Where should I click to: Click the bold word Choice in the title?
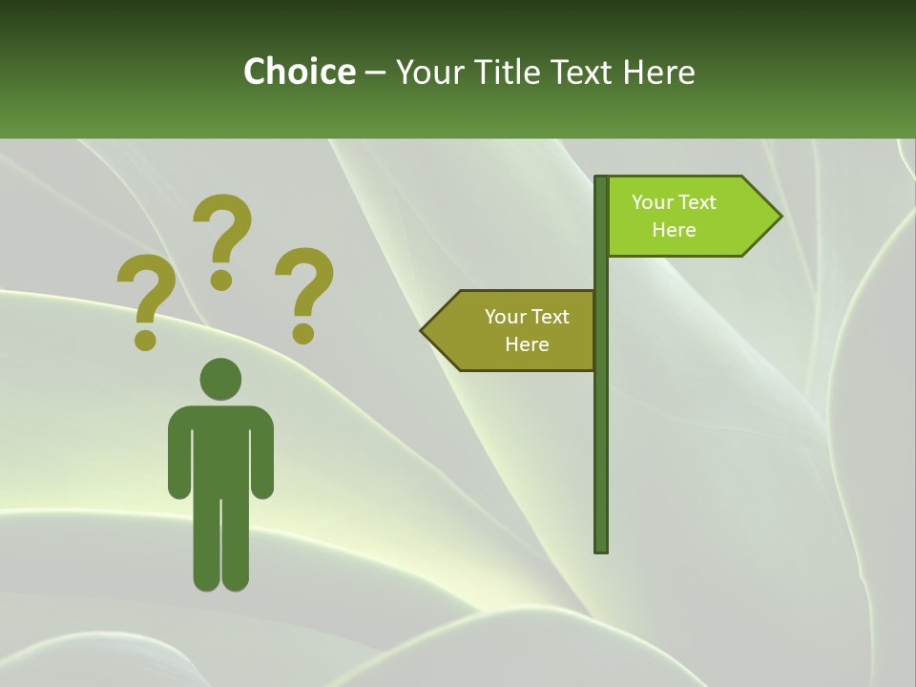pyautogui.click(x=299, y=72)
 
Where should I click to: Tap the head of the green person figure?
pyautogui.click(x=220, y=379)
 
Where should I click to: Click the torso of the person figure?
pyautogui.click(x=220, y=448)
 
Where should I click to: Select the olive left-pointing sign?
pyautogui.click(x=515, y=330)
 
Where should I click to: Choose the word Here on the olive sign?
pyautogui.click(x=527, y=344)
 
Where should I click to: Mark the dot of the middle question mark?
pyautogui.click(x=221, y=280)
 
